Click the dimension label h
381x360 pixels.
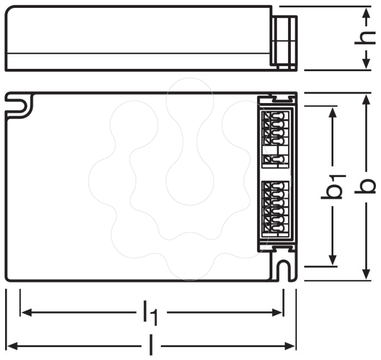coord(365,38)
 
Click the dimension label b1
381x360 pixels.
coord(333,186)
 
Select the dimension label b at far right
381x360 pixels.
coord(365,186)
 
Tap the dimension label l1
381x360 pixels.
coord(151,312)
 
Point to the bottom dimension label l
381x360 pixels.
coord(151,345)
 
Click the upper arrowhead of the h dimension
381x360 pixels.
coord(366,13)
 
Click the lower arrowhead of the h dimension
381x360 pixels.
coord(366,63)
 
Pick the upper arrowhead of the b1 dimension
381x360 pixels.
coord(333,112)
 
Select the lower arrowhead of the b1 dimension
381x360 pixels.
coord(333,260)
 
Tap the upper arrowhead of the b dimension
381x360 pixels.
coord(366,99)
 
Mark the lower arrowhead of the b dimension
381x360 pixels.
coord(366,274)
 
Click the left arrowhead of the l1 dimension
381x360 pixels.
coord(26,312)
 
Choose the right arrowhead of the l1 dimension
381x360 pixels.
coord(277,312)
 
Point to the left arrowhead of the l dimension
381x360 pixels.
coord(12,346)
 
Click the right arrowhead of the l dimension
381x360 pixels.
coord(290,346)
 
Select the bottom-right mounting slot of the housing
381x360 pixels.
coord(284,270)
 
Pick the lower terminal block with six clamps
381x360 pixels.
coord(276,209)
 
